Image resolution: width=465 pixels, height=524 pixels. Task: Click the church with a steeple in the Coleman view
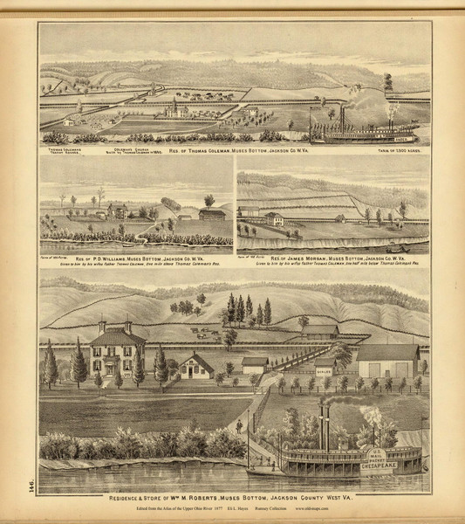[x=174, y=110]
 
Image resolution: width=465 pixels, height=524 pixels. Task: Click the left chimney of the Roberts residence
[x=102, y=326]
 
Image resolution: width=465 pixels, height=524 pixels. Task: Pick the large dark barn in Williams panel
[x=212, y=214]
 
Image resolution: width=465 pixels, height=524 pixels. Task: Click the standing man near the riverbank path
[x=239, y=427]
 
